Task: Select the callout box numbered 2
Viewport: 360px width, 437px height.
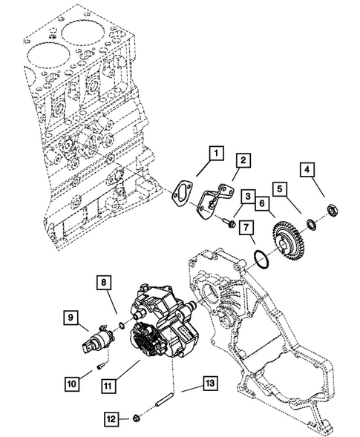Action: (242, 160)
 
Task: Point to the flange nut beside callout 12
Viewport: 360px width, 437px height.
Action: (138, 420)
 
